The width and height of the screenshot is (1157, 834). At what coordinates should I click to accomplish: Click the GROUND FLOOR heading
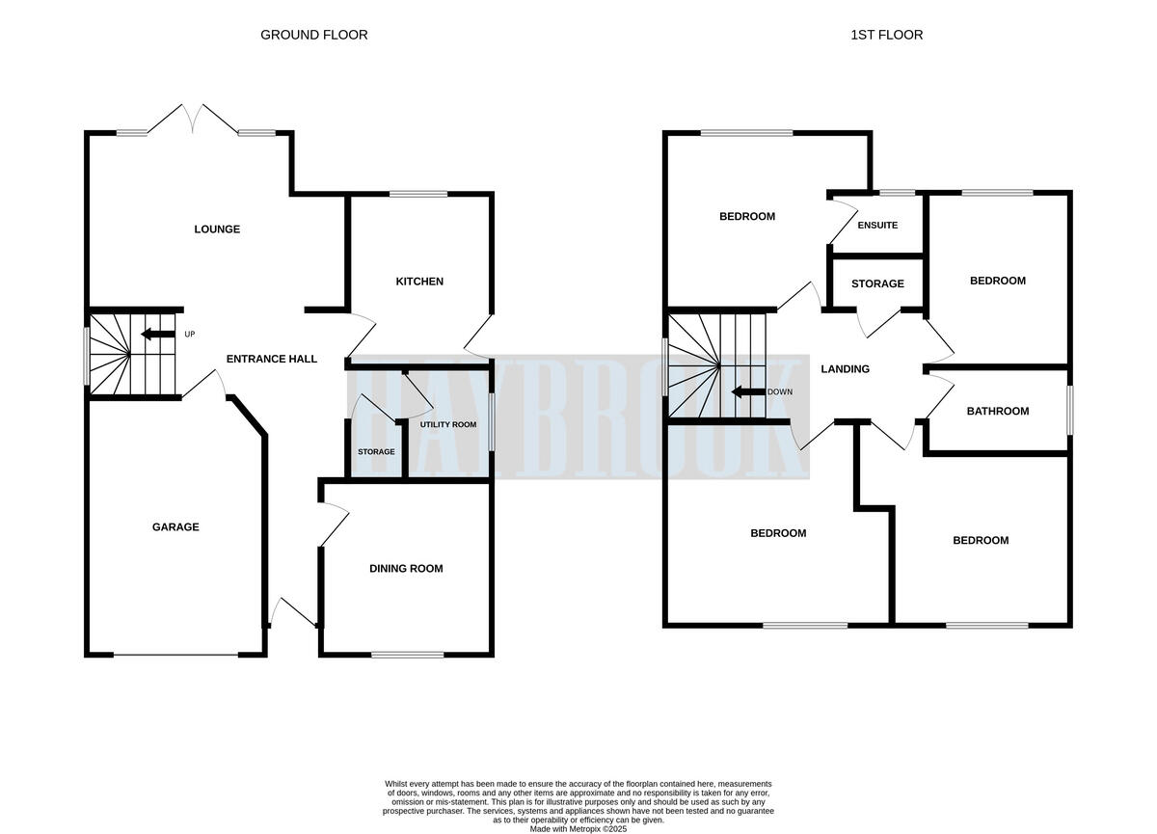[x=313, y=35]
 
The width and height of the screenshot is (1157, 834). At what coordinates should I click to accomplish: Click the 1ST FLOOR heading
[x=886, y=35]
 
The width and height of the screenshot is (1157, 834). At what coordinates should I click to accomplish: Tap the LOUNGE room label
[x=217, y=229]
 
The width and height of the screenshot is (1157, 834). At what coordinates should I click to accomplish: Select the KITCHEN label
[x=419, y=282]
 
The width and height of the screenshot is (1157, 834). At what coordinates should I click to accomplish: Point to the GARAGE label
[x=175, y=527]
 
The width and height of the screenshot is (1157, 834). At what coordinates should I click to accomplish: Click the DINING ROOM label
[x=406, y=569]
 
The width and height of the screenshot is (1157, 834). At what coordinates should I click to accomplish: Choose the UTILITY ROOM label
[x=447, y=425]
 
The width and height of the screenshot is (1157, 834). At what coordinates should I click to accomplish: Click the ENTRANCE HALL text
[x=271, y=360]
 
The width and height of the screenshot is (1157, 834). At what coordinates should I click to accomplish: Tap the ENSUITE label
[x=877, y=226]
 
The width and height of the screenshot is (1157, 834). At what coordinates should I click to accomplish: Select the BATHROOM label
[x=998, y=412]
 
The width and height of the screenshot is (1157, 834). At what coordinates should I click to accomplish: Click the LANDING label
[x=845, y=369]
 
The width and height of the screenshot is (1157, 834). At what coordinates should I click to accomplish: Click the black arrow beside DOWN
[x=747, y=392]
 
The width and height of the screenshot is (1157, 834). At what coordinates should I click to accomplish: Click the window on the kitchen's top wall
[x=418, y=195]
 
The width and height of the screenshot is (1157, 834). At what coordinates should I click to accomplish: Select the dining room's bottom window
[x=408, y=655]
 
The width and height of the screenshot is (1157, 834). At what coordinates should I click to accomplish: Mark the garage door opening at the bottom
[x=175, y=655]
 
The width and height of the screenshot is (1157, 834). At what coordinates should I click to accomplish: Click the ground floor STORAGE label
[x=376, y=452]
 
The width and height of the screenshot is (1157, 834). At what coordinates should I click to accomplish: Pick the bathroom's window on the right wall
[x=1068, y=411]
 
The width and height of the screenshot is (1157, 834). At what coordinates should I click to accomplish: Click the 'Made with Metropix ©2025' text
[x=578, y=827]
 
